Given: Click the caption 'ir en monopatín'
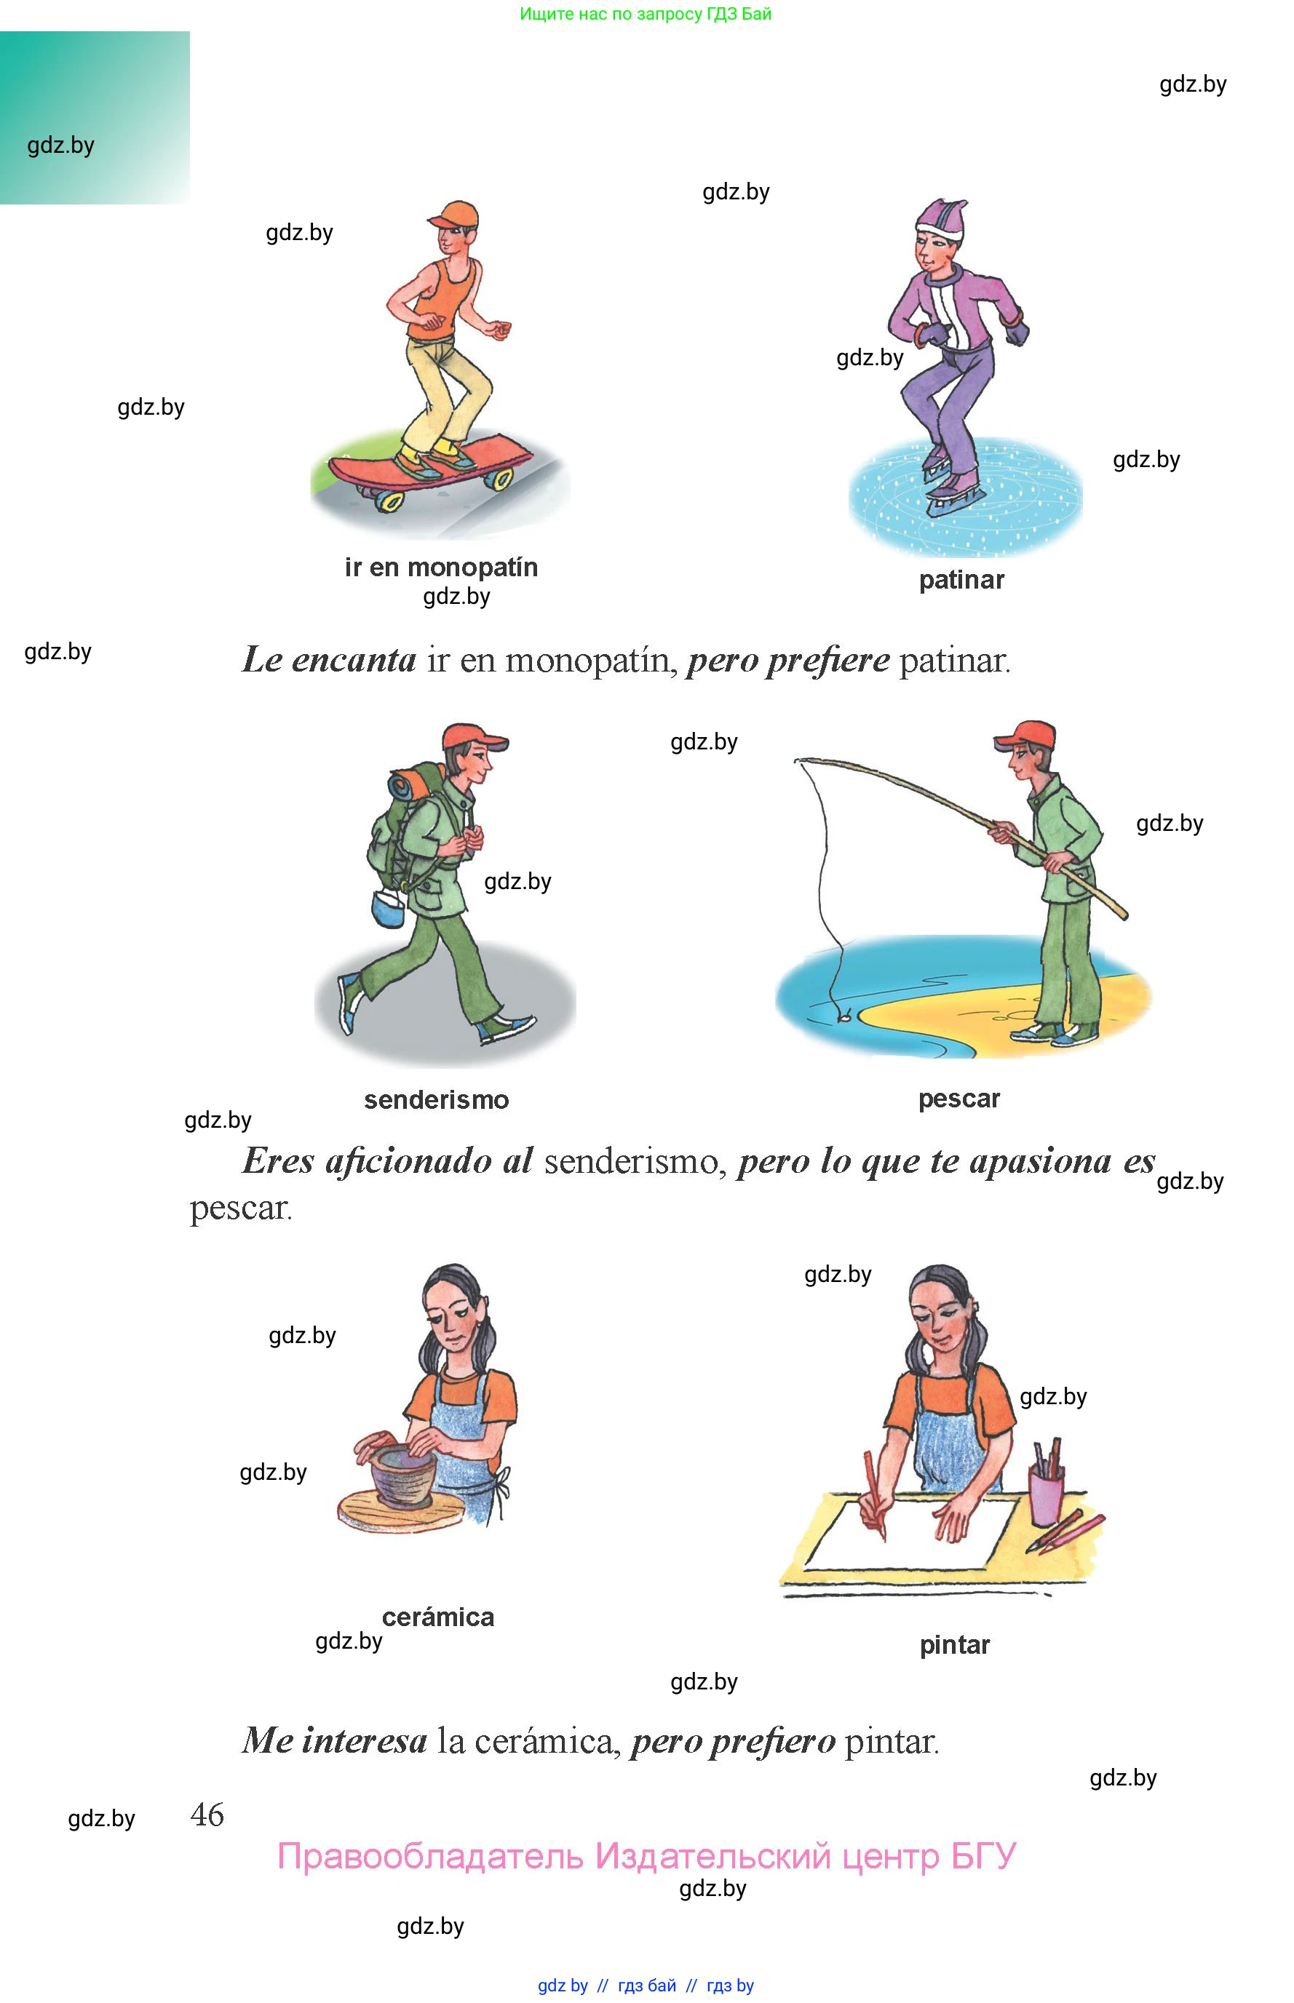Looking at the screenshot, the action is tap(441, 568).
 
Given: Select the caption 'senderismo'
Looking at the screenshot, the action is tap(436, 1099).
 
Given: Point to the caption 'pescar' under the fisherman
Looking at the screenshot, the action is tap(958, 1099).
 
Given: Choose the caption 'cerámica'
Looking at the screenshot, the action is tap(438, 1617).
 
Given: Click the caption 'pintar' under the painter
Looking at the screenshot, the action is tap(955, 1645).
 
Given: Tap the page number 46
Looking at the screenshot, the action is tap(207, 1814).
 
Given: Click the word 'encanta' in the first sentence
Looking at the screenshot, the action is tap(354, 660).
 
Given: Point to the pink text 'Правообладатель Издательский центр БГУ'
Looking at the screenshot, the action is tap(647, 1857).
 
